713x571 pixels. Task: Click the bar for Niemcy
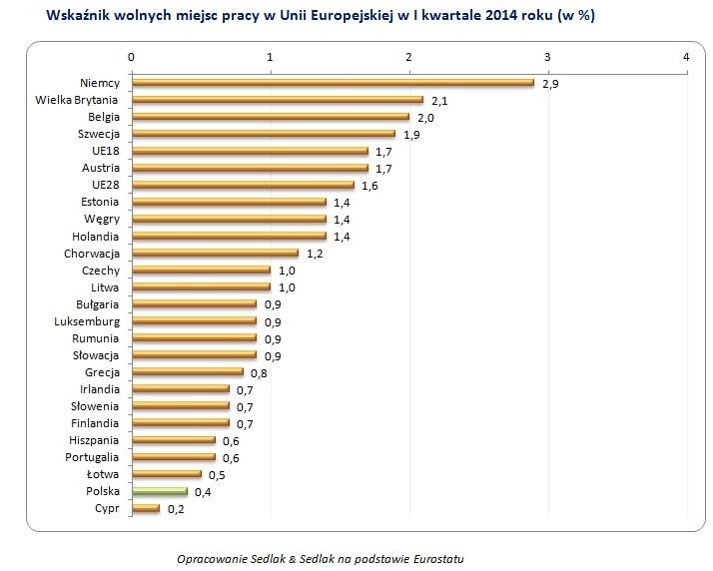(x=333, y=83)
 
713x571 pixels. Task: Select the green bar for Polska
(x=160, y=491)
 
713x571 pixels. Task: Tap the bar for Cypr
(x=146, y=508)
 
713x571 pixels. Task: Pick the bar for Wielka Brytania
(x=278, y=100)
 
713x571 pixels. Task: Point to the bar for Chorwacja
(x=215, y=254)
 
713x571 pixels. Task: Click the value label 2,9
(x=550, y=84)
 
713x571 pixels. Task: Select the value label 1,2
(x=315, y=255)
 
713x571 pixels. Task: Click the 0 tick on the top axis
(x=132, y=57)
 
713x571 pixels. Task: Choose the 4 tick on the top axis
(x=686, y=57)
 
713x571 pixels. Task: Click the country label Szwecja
(x=99, y=134)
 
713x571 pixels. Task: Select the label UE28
(x=105, y=185)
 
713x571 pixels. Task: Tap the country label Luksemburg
(x=87, y=321)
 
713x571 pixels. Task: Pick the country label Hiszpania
(x=94, y=440)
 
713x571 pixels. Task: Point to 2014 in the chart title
(x=495, y=16)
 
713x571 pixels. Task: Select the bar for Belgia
(x=271, y=117)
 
